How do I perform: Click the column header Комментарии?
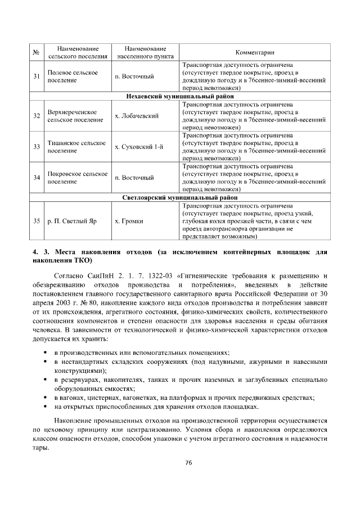pyautogui.click(x=255, y=53)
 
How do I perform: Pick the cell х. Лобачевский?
pyautogui.click(x=137, y=116)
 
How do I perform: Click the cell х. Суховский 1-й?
pyautogui.click(x=139, y=147)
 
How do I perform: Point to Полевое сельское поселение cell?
pyautogui.click(x=73, y=76)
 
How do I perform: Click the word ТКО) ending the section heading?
pyautogui.click(x=81, y=262)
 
